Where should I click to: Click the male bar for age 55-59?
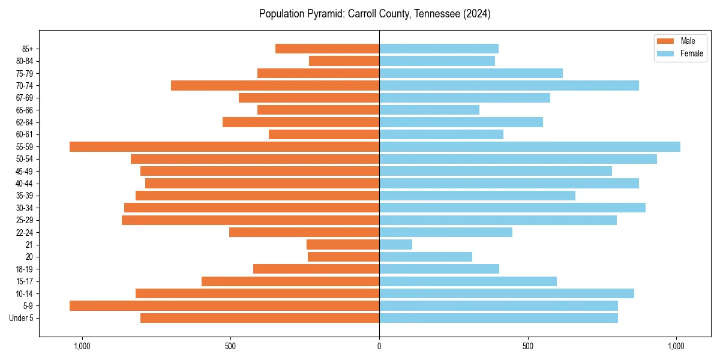pos(224,146)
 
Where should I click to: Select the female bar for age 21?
pos(395,244)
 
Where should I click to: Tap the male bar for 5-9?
pos(224,305)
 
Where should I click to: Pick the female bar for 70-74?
pos(509,85)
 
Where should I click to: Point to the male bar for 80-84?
pos(344,61)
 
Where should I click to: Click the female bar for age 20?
pos(425,257)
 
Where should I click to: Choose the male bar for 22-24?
pos(304,232)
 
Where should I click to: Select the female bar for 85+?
pos(439,49)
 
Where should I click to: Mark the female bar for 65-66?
pos(429,110)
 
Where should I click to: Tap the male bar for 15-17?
pos(290,281)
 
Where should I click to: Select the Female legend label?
pos(692,53)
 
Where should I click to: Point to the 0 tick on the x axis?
pos(379,346)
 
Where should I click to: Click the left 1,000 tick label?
pos(82,346)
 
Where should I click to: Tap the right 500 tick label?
pos(528,346)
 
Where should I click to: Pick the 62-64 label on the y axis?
pos(24,122)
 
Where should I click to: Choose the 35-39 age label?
pos(24,196)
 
